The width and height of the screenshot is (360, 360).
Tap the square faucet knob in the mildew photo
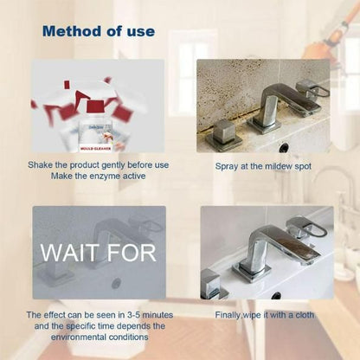click(224, 132)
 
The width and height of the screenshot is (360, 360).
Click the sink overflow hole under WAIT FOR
click(116, 283)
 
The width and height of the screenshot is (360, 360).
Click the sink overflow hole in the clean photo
click(276, 295)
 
